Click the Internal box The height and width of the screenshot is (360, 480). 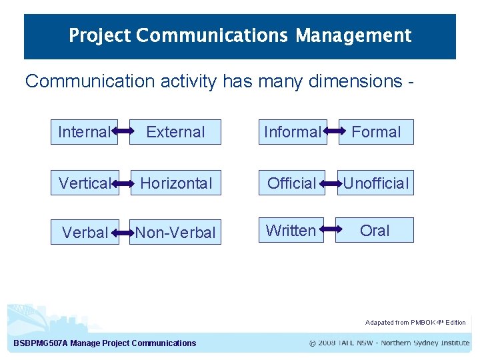coord(84,132)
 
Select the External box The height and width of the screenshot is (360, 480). coord(175,132)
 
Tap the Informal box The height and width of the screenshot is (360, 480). coord(292,132)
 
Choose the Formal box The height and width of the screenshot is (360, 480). coord(376,132)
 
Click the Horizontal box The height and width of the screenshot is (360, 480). coord(175,183)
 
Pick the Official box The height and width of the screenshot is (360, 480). coord(291,183)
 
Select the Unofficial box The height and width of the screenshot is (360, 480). coord(375,183)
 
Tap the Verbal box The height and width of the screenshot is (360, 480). coord(85,233)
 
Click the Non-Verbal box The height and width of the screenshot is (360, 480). coord(175,233)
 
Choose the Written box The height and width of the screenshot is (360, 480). coord(291,230)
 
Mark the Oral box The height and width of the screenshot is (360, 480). coord(375,230)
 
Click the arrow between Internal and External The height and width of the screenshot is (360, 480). coord(123,132)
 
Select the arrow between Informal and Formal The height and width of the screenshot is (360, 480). coord(333,132)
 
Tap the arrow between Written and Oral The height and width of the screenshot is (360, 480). coord(329,230)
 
